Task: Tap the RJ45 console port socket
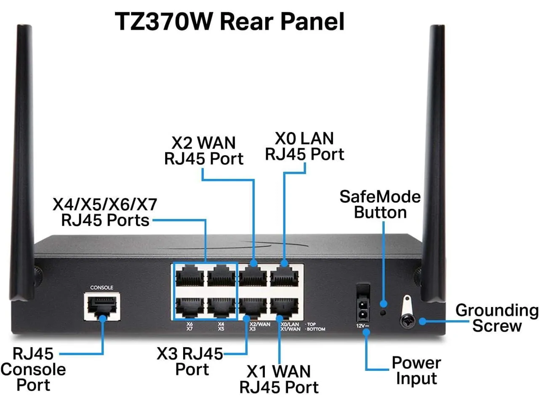102,306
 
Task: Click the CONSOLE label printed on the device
102,287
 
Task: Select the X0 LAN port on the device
284,277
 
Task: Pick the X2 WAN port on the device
253,277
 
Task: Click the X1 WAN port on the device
284,308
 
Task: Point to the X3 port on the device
253,308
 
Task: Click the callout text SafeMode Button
380,205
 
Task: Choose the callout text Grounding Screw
497,318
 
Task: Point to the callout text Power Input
416,370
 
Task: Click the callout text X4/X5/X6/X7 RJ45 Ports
105,212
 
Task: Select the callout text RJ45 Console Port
33,369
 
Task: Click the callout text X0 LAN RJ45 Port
304,146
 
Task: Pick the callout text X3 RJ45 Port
190,361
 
